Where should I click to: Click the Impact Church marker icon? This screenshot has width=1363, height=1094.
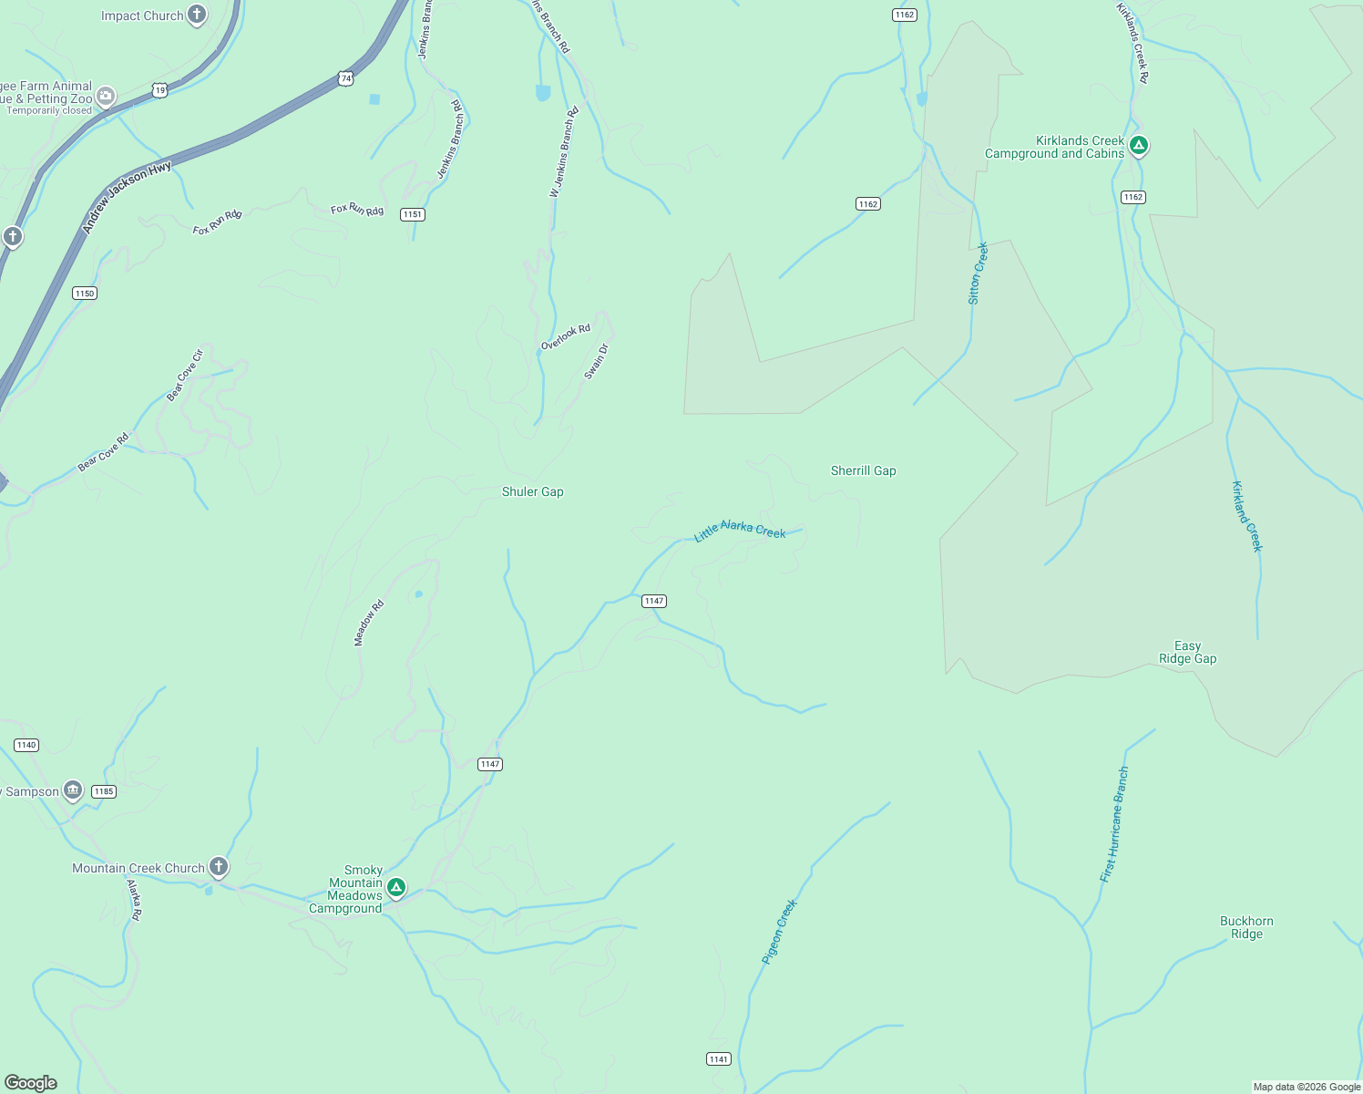pos(197,15)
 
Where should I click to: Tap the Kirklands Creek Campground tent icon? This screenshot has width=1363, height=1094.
pos(1138,145)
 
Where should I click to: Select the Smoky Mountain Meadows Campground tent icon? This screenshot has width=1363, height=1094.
pos(395,887)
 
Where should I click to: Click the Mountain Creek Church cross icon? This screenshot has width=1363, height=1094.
pos(219,866)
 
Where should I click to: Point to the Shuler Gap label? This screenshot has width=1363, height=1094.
pos(533,492)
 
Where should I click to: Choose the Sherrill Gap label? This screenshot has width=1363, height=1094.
pos(863,471)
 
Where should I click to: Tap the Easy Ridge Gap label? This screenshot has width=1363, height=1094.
pos(1187,653)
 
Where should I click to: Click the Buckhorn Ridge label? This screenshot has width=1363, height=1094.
pos(1246,927)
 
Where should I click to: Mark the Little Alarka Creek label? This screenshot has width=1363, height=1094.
pos(740,531)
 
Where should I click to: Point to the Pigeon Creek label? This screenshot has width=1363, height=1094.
pos(779,932)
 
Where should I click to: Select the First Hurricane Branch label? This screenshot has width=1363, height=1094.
pos(1114,824)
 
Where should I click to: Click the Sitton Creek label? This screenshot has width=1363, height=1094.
pos(978,273)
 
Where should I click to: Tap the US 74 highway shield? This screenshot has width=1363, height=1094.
pos(345,79)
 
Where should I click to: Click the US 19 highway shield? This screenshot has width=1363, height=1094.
pos(159,90)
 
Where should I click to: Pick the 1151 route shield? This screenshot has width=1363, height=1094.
pos(413,214)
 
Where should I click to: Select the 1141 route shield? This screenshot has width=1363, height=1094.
pos(718,1058)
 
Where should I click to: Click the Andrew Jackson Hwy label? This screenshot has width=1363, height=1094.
pos(127,198)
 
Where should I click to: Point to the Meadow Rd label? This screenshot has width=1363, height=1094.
pos(369,624)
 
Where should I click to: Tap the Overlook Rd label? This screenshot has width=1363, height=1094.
pos(566,336)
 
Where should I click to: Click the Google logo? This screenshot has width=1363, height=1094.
pos(31,1082)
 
